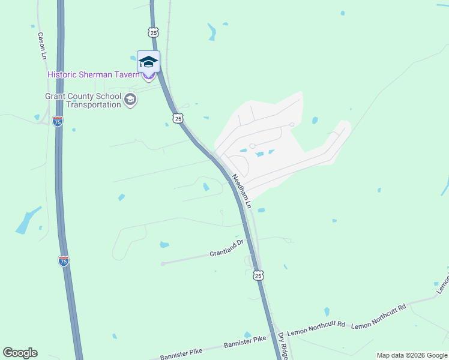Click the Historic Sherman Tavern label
point(94,74)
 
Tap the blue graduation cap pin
point(148,62)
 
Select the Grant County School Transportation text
point(83,100)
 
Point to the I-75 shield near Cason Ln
point(58,121)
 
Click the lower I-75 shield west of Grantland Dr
point(64,260)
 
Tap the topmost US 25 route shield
point(154,32)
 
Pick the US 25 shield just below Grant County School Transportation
point(178,118)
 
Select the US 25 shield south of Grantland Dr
point(258,275)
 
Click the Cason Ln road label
point(42,45)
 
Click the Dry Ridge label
point(283,346)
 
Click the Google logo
point(20,353)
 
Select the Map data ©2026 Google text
point(412,355)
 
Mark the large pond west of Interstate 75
point(28,221)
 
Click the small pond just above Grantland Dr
point(164,245)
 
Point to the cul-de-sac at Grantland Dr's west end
point(163,263)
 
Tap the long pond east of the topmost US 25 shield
point(212,32)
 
